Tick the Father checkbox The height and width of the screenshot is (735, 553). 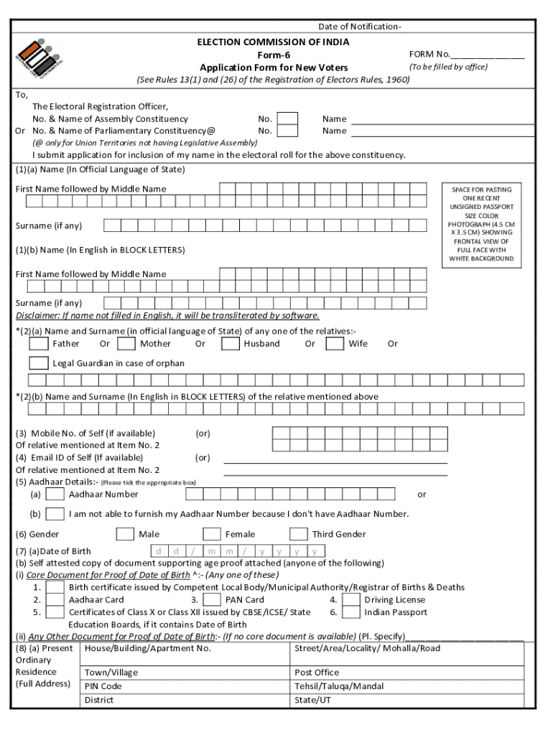pos(38,344)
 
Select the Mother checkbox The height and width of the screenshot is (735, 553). pos(126,344)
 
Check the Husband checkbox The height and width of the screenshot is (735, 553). pos(230,344)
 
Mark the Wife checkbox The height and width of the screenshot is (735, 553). pos(335,344)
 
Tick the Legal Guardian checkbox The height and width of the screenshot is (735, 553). pos(38,363)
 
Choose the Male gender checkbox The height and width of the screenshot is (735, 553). pos(125,534)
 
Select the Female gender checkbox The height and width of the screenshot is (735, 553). pos(211,534)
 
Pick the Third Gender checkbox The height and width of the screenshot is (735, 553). pos(298,534)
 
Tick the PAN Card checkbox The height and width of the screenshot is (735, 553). pos(212,600)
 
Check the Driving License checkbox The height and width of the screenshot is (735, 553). pos(350,600)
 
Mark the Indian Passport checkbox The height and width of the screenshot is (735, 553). pos(350,612)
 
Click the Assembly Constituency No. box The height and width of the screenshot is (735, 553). pos(287,119)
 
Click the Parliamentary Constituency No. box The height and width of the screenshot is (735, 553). pos(287,131)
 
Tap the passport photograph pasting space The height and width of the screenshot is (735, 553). pos(481,224)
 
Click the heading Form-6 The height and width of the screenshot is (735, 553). pos(273,55)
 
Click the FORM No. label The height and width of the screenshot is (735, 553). pos(429,54)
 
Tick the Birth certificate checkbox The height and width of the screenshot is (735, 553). pos(55,588)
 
